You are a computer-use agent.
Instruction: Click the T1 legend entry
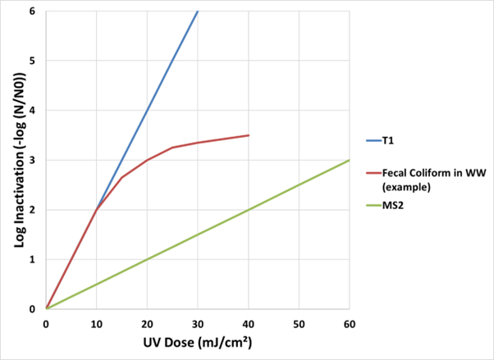pos(388,140)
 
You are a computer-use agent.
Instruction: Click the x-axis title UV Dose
pos(198,344)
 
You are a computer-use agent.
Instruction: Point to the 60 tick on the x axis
pos(349,323)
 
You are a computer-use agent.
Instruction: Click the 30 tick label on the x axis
pos(198,323)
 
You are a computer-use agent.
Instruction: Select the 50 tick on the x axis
pos(299,323)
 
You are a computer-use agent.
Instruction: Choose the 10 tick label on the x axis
pos(97,323)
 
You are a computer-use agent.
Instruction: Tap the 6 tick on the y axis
pos(32,11)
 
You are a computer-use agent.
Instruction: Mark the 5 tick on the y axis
pos(32,62)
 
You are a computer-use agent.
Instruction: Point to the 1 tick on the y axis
pos(32,260)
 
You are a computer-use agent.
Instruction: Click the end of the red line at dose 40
pos(249,135)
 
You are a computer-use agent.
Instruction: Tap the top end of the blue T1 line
pos(198,11)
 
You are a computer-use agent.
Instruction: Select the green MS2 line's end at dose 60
pos(349,161)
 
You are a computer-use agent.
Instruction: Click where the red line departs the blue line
pos(97,210)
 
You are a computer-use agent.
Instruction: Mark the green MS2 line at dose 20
pos(148,260)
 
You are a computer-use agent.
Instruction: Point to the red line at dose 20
pos(148,160)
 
